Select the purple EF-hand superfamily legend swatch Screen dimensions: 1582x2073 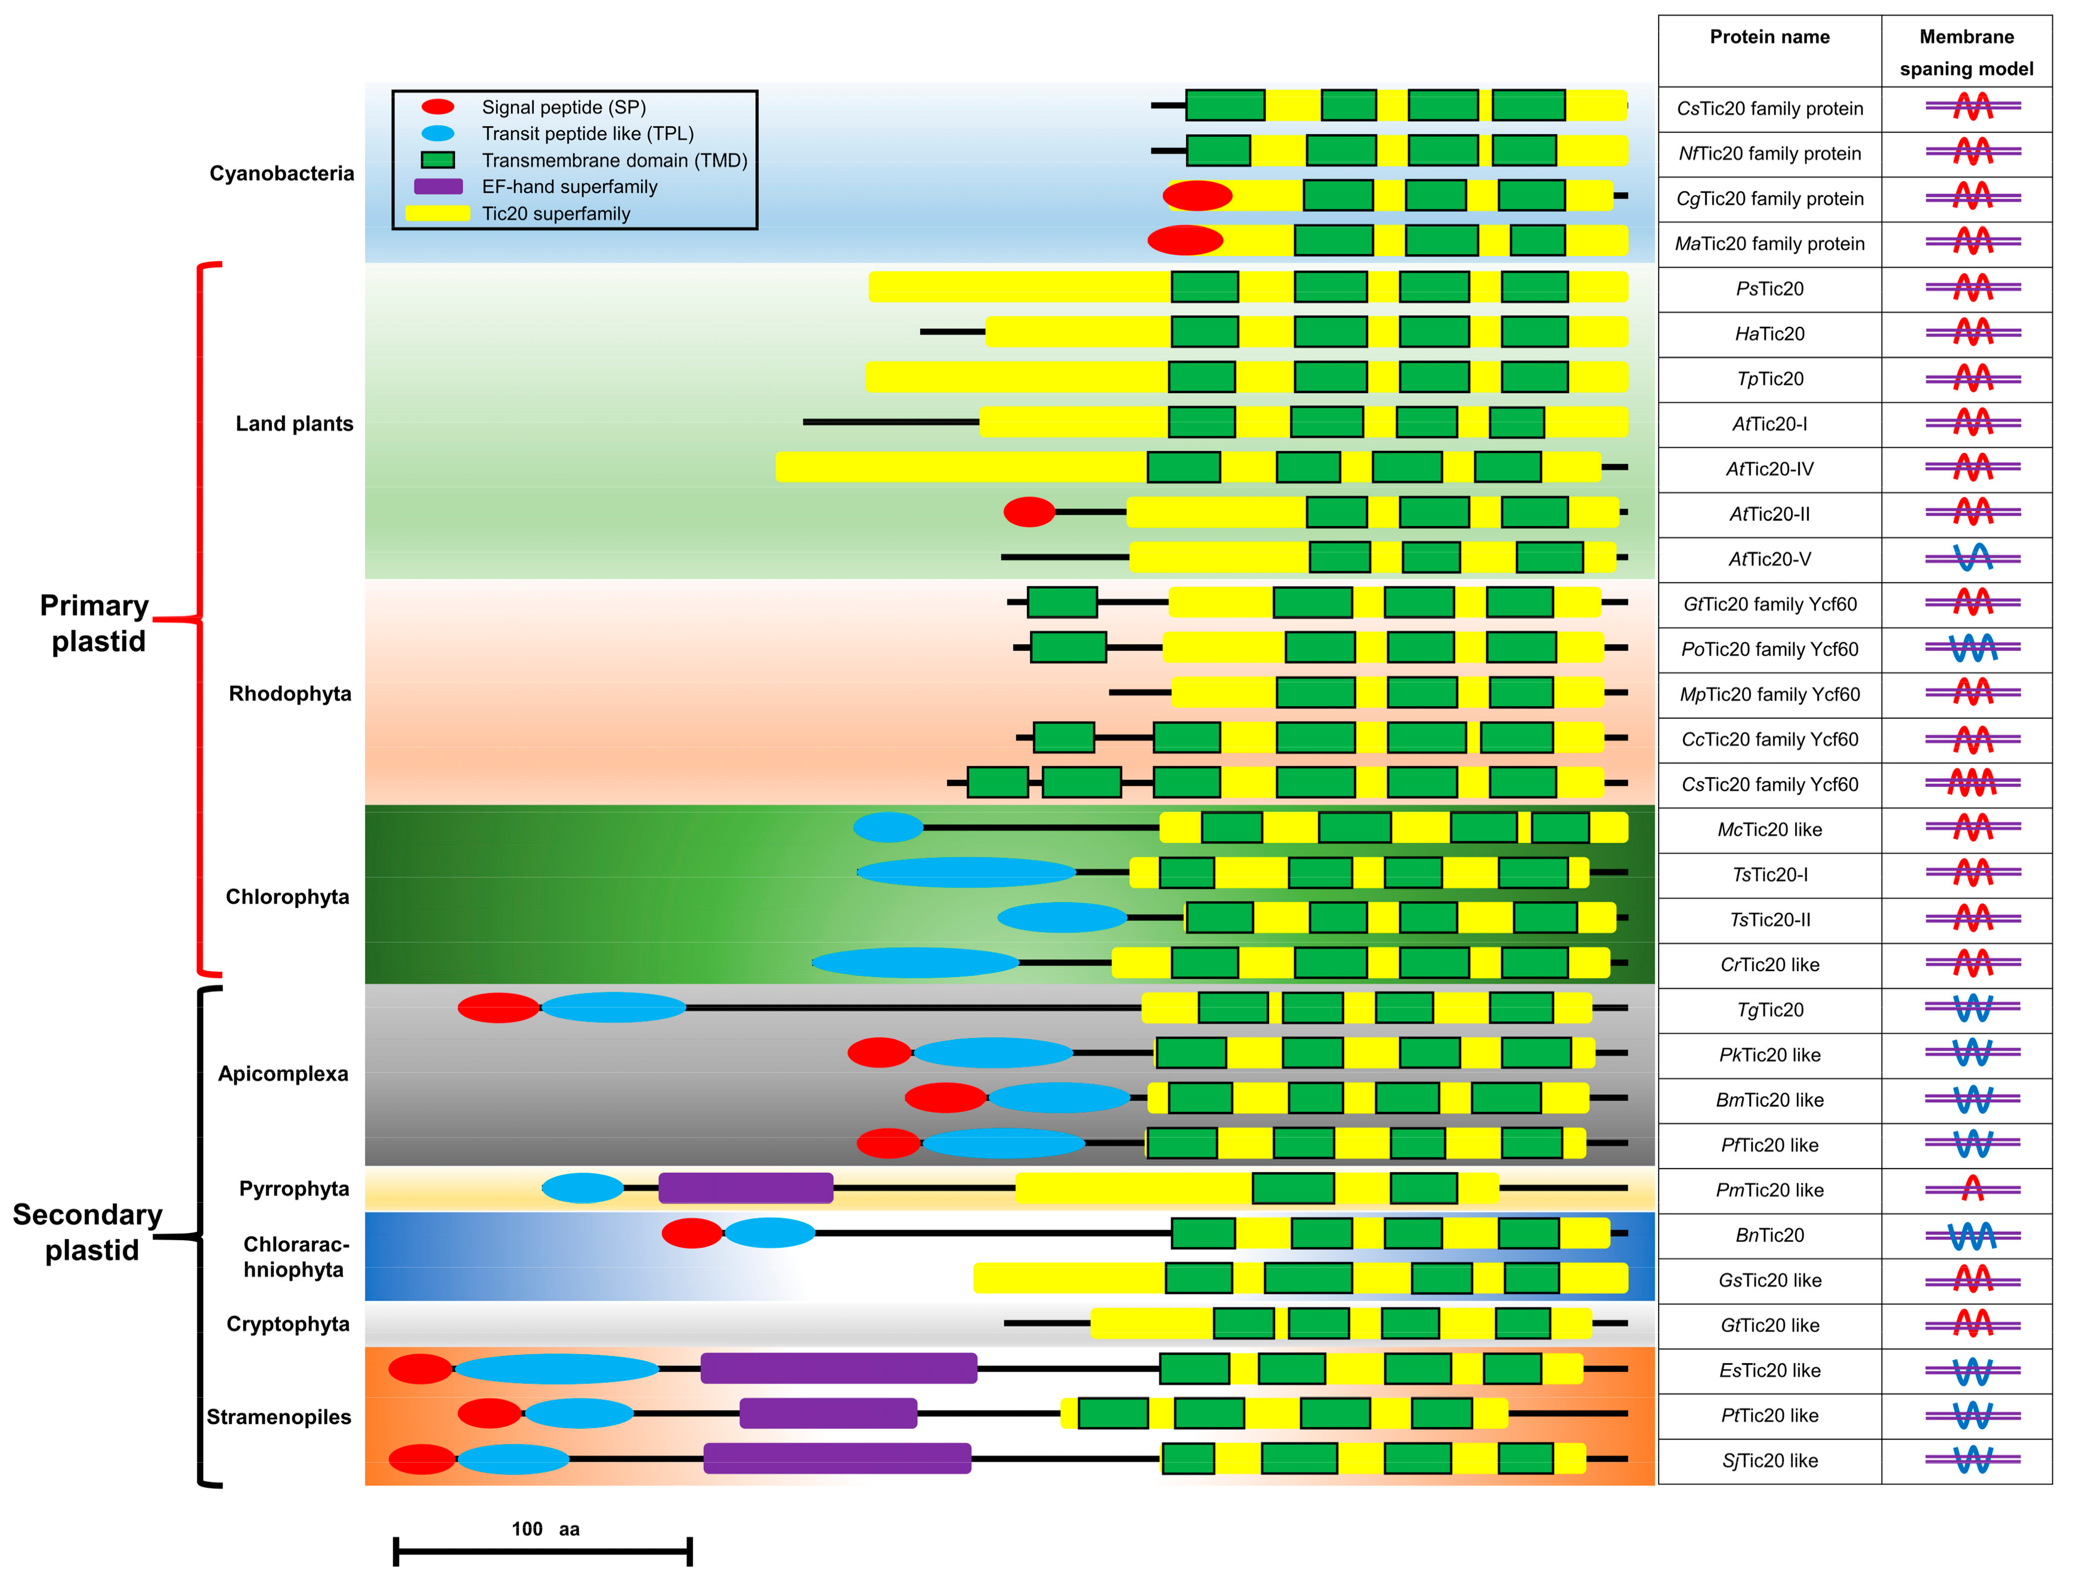coord(438,187)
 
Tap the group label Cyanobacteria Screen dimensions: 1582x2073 coord(281,173)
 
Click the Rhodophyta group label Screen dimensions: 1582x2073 coord(289,694)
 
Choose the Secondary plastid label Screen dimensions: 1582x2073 coord(88,1232)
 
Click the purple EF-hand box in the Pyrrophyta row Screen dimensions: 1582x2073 coord(745,1188)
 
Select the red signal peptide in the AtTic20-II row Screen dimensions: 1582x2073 coord(1029,512)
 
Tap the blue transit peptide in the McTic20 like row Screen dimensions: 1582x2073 coord(888,828)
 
